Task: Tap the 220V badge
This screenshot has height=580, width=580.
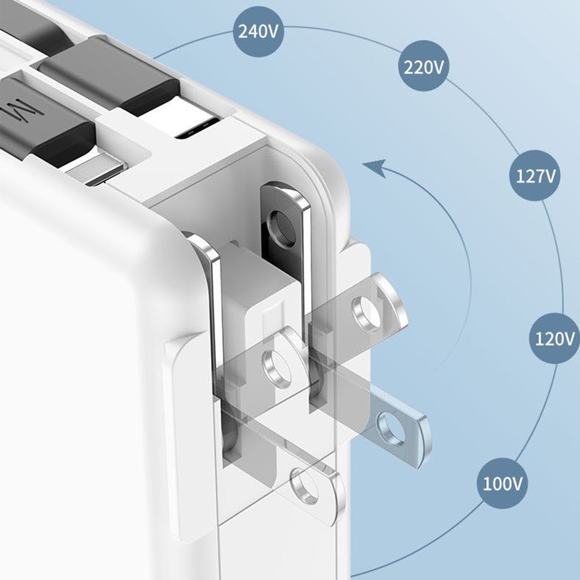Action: coord(424,67)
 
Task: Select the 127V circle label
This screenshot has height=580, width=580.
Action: coord(536,176)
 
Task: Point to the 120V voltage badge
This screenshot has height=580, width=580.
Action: coord(554,339)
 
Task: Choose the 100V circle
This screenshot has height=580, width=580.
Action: coord(502,483)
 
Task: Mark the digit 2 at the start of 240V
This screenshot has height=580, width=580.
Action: coord(243,32)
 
